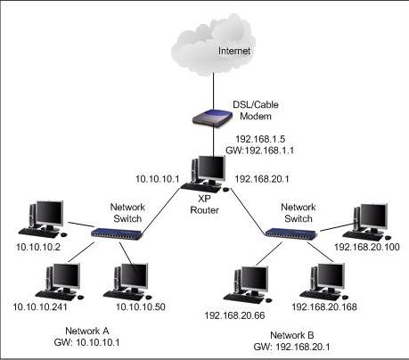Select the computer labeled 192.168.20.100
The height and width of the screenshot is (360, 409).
click(x=367, y=218)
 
